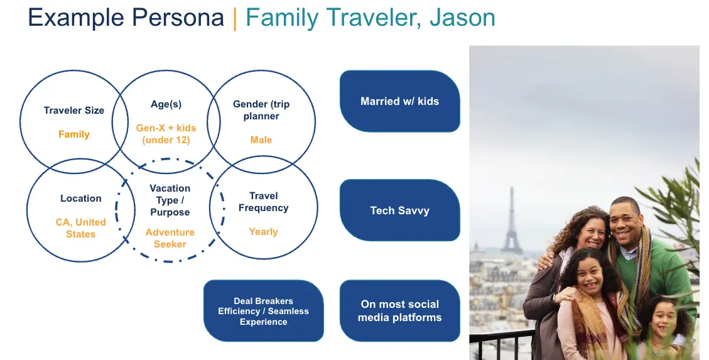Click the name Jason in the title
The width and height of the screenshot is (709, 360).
pos(462,18)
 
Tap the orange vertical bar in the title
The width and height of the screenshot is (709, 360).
pos(235,19)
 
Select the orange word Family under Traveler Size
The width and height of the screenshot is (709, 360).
pos(73,134)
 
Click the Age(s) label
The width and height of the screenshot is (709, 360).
pos(166,104)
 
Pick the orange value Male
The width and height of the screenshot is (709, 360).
pos(261,140)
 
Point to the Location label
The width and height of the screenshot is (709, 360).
pos(81,198)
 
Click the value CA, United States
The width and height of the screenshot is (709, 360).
pos(81,228)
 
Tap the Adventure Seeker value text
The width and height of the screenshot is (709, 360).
pos(170,238)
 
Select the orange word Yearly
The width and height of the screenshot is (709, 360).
pos(263,232)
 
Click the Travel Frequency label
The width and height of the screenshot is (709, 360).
pos(264,202)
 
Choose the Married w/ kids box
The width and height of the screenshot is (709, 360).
pos(400,101)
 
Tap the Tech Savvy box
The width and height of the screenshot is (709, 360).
pos(400,210)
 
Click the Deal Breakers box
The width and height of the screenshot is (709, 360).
pos(264,311)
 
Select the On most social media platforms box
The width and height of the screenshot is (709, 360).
pos(400,311)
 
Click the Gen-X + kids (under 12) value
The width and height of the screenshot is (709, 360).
pos(166,134)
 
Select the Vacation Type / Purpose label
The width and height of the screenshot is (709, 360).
pos(170,200)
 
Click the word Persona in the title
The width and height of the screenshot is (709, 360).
pos(178,18)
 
